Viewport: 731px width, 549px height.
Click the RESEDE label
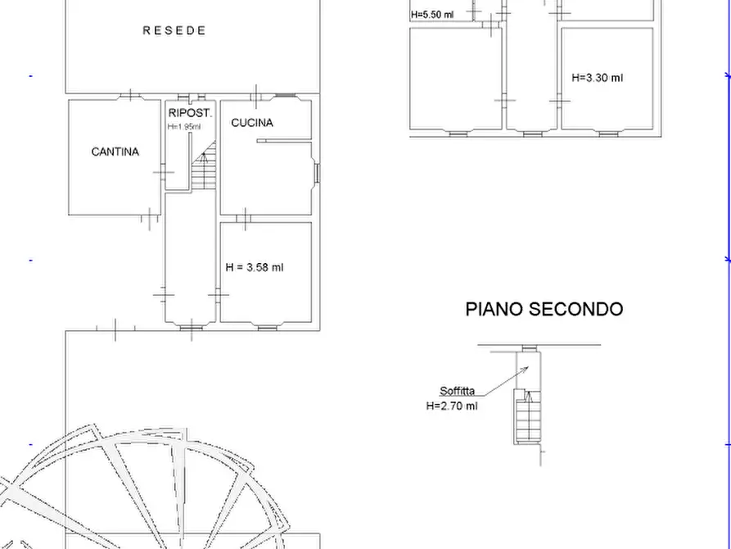pyautogui.click(x=174, y=30)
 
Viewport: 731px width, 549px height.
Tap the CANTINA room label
pyautogui.click(x=115, y=152)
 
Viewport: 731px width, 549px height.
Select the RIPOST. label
pyautogui.click(x=190, y=113)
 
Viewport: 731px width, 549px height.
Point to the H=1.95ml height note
pyautogui.click(x=184, y=127)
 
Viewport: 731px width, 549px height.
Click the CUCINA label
pyautogui.click(x=252, y=123)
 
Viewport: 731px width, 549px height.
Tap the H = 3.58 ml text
pyautogui.click(x=255, y=267)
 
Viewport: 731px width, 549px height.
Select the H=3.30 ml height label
pyautogui.click(x=597, y=78)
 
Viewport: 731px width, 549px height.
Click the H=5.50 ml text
pyautogui.click(x=432, y=15)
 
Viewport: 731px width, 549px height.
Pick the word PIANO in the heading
pyautogui.click(x=494, y=309)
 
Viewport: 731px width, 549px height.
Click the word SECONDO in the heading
pyautogui.click(x=575, y=309)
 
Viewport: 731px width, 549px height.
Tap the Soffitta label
pyautogui.click(x=457, y=391)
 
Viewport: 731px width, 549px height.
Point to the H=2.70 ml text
pyautogui.click(x=451, y=406)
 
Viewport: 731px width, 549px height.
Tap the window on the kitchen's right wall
pyautogui.click(x=316, y=173)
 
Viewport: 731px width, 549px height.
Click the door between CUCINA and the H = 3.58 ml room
pyautogui.click(x=245, y=218)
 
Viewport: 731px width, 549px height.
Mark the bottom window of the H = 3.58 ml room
pyautogui.click(x=267, y=327)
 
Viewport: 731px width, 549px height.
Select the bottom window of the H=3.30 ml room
pyautogui.click(x=607, y=133)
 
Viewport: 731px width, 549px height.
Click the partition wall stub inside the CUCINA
pyautogui.click(x=283, y=141)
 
